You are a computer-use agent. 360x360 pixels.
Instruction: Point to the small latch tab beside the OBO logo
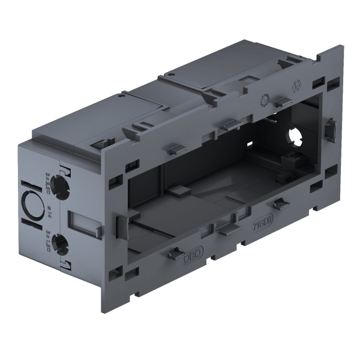(176, 254)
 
